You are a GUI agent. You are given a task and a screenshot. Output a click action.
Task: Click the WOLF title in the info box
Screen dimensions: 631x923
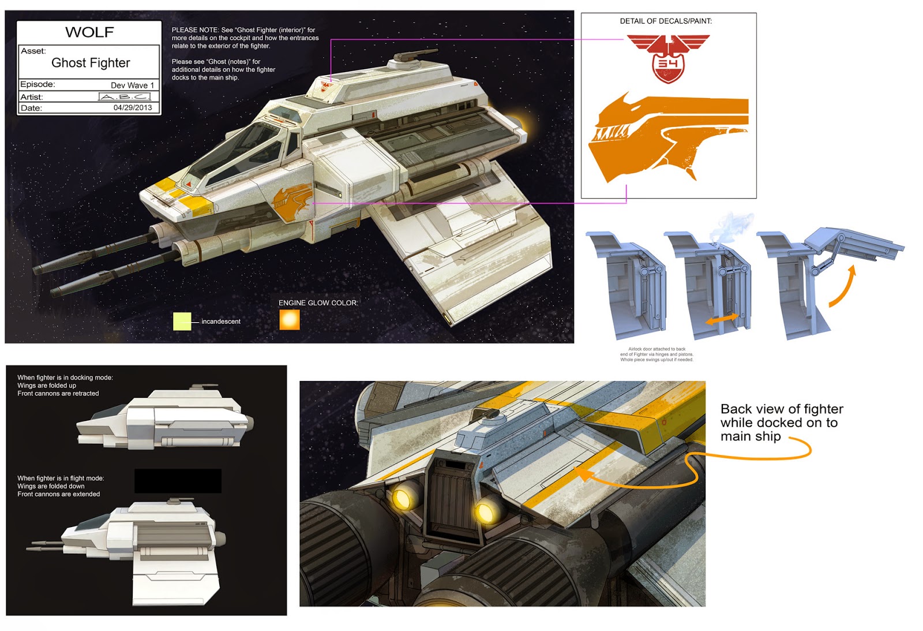[x=89, y=32]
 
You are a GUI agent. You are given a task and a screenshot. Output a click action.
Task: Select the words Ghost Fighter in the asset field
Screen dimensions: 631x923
[x=91, y=63]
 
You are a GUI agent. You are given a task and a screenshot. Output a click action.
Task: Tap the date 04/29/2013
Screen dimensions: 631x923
[x=133, y=108]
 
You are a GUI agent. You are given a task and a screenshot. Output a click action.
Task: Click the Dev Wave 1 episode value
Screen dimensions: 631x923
[x=132, y=85]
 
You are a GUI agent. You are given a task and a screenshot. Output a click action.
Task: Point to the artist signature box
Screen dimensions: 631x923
[x=125, y=97]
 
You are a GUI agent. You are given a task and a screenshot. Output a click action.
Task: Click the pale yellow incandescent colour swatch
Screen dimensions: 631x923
[x=182, y=321]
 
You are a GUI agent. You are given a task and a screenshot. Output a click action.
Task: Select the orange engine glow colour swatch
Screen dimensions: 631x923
[x=290, y=320]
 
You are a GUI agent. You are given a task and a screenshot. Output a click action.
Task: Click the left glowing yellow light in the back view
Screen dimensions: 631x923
[x=404, y=496]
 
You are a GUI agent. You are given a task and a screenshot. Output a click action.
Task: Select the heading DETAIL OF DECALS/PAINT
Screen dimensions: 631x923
[x=666, y=21]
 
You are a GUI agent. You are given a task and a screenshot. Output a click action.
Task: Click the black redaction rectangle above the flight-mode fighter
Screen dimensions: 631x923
[x=178, y=481]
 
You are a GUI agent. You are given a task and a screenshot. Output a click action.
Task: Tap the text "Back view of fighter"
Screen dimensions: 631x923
[x=782, y=409]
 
